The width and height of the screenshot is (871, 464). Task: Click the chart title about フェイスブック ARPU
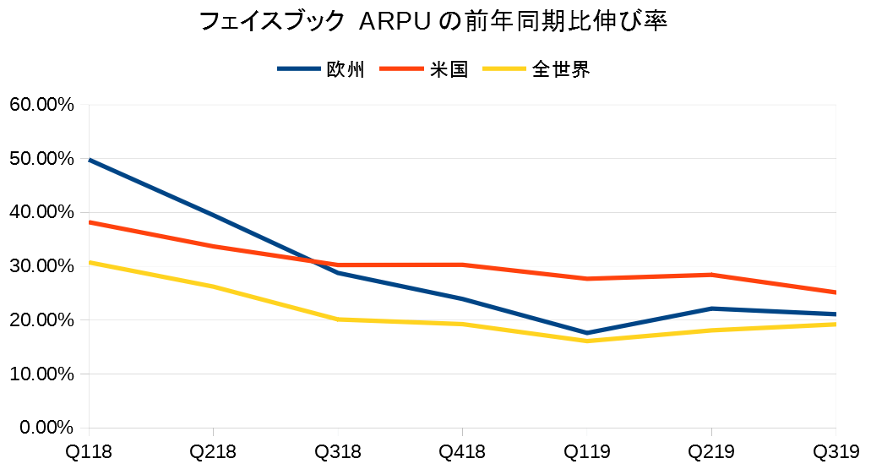(x=433, y=22)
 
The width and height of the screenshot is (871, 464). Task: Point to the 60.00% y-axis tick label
(x=41, y=105)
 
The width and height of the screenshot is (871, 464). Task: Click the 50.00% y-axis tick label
(x=41, y=159)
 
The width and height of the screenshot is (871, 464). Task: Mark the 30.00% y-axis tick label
(x=41, y=266)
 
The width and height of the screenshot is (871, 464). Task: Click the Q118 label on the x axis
(x=89, y=451)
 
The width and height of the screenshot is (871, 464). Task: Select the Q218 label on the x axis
(x=213, y=451)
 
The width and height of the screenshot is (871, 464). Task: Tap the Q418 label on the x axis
(x=462, y=451)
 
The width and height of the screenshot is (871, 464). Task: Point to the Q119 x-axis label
(x=587, y=451)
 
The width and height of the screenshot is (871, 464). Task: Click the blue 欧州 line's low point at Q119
(x=587, y=333)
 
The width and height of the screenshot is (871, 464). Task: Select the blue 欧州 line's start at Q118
(x=90, y=160)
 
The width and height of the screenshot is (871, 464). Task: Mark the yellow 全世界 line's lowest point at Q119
(x=587, y=341)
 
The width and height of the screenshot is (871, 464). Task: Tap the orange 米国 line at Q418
(x=462, y=265)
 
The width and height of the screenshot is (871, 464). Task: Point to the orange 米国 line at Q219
(x=711, y=275)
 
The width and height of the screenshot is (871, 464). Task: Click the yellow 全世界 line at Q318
(x=338, y=319)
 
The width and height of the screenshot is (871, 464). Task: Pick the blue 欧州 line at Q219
(x=711, y=308)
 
